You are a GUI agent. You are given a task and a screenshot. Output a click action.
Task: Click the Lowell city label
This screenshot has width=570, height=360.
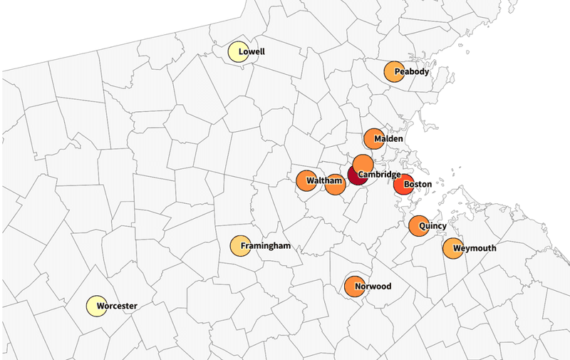(252, 52)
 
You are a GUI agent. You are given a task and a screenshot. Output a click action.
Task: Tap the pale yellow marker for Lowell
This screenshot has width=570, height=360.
(237, 53)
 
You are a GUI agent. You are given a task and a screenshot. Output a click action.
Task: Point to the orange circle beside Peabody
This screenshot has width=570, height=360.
(394, 72)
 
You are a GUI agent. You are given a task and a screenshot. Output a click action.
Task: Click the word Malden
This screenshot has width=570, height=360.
(390, 138)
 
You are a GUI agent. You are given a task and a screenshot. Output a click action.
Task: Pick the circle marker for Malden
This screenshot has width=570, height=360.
(373, 139)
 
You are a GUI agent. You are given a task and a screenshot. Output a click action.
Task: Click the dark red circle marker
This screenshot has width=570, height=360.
(357, 175)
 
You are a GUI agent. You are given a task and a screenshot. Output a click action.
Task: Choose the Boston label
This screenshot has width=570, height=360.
(418, 185)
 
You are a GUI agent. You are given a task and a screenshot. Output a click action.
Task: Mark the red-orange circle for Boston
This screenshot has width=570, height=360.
(403, 185)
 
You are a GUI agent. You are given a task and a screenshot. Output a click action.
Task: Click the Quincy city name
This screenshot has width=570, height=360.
(432, 226)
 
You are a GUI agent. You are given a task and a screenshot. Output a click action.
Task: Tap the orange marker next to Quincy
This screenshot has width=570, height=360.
(418, 225)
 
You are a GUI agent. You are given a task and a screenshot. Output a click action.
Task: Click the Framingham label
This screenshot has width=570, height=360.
(266, 246)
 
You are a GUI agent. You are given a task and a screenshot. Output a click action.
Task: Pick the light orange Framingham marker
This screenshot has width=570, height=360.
(239, 246)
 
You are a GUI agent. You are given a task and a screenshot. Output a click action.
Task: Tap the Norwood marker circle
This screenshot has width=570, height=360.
(353, 287)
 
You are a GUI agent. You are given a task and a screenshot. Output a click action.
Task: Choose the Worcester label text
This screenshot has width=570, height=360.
(117, 307)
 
